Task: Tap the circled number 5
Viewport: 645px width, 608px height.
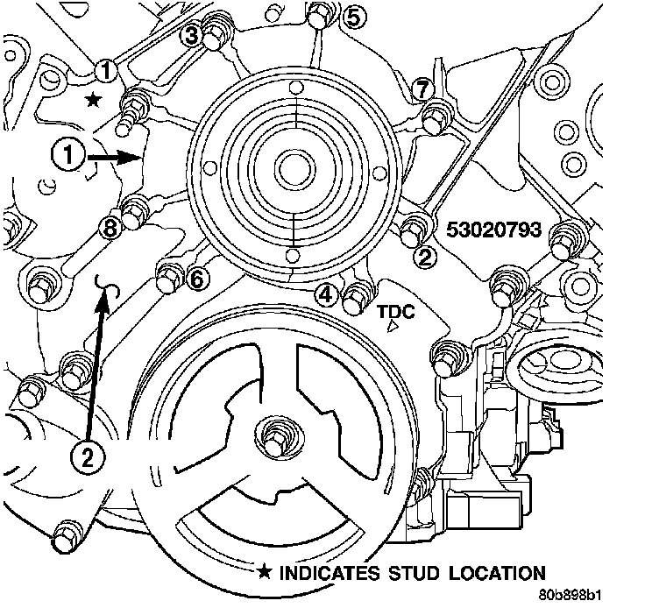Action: (352, 17)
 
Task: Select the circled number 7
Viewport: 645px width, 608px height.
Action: (422, 88)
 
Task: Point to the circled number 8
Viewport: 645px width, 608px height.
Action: (109, 228)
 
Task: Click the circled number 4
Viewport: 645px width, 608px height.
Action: (327, 294)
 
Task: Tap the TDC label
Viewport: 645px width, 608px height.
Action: (396, 312)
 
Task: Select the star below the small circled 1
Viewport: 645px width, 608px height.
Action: (93, 102)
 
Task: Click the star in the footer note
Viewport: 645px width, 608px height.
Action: (264, 574)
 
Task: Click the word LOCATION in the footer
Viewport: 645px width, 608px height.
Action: (493, 574)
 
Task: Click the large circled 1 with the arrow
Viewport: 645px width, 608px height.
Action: (67, 157)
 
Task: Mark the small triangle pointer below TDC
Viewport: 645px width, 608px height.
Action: (393, 327)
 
